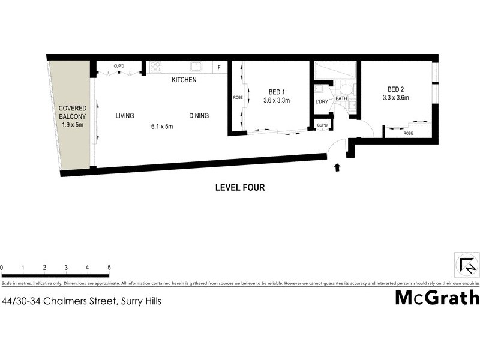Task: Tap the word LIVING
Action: pyautogui.click(x=125, y=116)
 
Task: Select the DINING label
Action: pyautogui.click(x=199, y=116)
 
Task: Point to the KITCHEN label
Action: pyautogui.click(x=184, y=80)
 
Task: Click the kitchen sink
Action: pyautogui.click(x=196, y=67)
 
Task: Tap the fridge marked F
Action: pyautogui.click(x=220, y=67)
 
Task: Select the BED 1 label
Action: pyautogui.click(x=276, y=92)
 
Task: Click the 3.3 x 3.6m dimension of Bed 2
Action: pyautogui.click(x=396, y=97)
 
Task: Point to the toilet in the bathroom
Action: pyautogui.click(x=350, y=89)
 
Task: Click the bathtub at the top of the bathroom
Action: pyautogui.click(x=336, y=72)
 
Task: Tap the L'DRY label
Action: pyautogui.click(x=321, y=101)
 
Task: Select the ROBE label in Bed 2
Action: pyautogui.click(x=408, y=133)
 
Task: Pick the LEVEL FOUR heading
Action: pyautogui.click(x=240, y=187)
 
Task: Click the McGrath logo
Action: pyautogui.click(x=436, y=298)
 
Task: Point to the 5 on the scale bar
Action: pyautogui.click(x=109, y=267)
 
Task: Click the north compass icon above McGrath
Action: pyautogui.click(x=467, y=263)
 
